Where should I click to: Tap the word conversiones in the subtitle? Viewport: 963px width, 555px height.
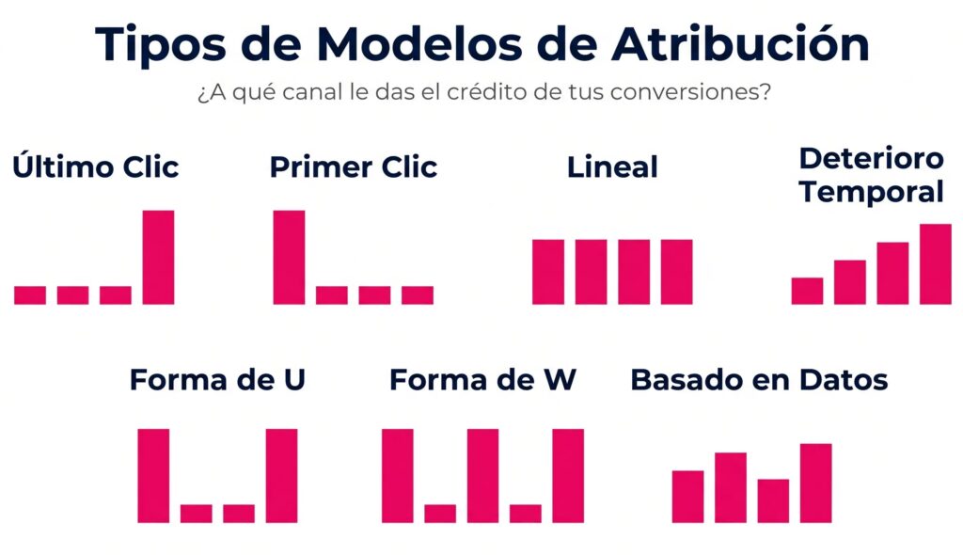[x=669, y=95]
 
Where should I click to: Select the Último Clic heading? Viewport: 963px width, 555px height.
[x=96, y=167]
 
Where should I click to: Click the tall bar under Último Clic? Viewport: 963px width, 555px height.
[x=158, y=257]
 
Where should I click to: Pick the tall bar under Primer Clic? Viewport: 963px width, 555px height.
[x=289, y=257]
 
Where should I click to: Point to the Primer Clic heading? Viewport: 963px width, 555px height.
[x=354, y=167]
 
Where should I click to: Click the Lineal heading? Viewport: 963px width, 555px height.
[x=612, y=167]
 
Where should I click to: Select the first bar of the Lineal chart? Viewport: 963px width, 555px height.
[x=548, y=272]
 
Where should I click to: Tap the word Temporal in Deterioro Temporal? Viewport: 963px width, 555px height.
[x=871, y=192]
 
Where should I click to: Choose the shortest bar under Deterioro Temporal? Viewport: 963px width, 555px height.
[x=807, y=291]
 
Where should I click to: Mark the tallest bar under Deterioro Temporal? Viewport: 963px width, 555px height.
[x=935, y=264]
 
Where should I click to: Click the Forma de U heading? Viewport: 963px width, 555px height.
[x=217, y=380]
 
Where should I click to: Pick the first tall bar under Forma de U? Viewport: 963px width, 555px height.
[x=153, y=475]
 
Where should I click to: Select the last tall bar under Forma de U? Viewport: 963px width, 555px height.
[x=281, y=475]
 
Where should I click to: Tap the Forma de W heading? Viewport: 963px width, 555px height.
[x=482, y=380]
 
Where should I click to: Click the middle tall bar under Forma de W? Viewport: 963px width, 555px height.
[x=482, y=475]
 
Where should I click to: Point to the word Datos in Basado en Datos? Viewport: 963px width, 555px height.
[x=843, y=380]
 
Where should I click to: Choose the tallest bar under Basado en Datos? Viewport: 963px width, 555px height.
[x=815, y=483]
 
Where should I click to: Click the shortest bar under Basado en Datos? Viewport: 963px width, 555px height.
[x=773, y=500]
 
